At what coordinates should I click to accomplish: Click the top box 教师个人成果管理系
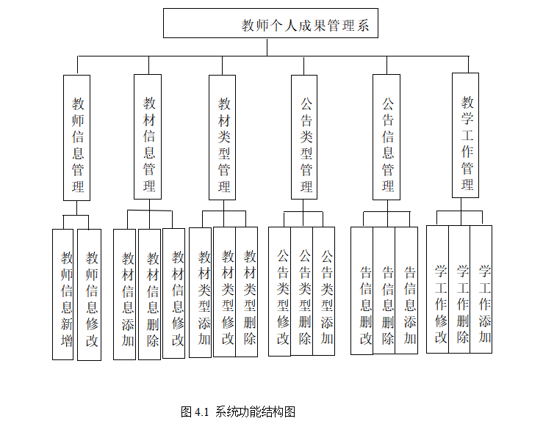(x=270, y=23)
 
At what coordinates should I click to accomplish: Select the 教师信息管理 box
(x=77, y=137)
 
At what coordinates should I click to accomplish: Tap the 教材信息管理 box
(x=148, y=136)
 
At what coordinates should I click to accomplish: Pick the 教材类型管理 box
(x=223, y=137)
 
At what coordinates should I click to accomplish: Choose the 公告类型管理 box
(x=305, y=137)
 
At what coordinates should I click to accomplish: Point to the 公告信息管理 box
(x=386, y=137)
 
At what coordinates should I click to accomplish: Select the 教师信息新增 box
(x=64, y=294)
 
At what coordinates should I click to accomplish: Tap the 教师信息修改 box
(x=90, y=294)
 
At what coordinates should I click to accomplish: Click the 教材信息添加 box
(x=125, y=294)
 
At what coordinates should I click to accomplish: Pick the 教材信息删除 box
(x=150, y=294)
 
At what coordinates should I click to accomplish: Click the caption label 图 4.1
(x=195, y=412)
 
